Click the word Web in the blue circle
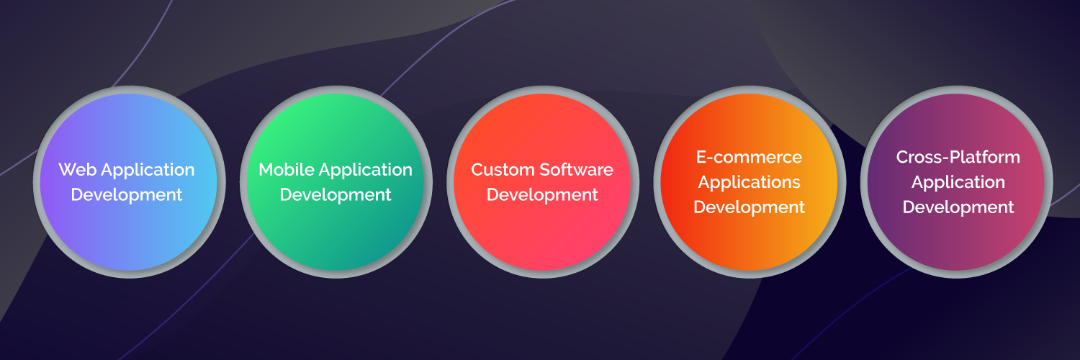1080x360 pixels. click(77, 170)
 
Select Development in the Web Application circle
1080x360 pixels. click(126, 195)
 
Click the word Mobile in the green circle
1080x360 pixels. click(287, 170)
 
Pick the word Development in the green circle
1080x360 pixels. click(336, 195)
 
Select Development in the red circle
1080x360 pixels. click(542, 195)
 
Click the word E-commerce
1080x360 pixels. click(750, 158)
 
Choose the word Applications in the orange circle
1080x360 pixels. click(750, 183)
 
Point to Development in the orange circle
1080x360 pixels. click(750, 207)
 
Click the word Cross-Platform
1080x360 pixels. click(958, 158)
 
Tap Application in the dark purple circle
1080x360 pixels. click(958, 183)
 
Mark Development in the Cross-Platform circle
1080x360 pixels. click(958, 207)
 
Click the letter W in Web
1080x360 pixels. click(68, 170)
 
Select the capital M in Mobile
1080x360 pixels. click(266, 170)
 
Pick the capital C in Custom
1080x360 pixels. click(478, 170)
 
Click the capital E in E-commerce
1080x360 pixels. click(701, 158)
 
